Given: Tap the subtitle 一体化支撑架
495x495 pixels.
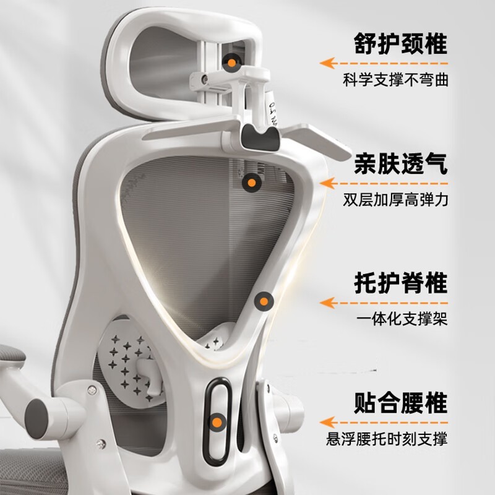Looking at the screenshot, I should pyautogui.click(x=402, y=320).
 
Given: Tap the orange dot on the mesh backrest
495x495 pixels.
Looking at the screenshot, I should pyautogui.click(x=251, y=183).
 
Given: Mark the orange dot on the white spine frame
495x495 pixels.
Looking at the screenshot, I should pyautogui.click(x=265, y=302).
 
